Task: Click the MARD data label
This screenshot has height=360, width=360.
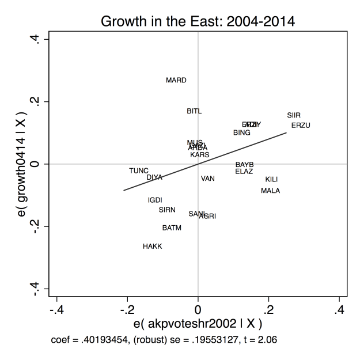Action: click(176, 81)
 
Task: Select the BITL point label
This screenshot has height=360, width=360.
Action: click(194, 111)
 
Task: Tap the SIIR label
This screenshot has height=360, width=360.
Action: click(294, 115)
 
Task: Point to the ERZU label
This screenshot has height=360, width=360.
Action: click(301, 126)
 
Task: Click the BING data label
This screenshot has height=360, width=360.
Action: click(242, 133)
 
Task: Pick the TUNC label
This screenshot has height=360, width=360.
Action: click(139, 171)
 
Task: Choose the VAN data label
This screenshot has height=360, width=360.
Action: click(208, 179)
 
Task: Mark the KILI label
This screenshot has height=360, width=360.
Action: click(272, 180)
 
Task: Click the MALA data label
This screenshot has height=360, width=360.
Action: click(270, 191)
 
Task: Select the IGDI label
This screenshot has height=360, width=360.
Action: click(155, 200)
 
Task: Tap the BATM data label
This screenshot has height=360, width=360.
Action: click(172, 228)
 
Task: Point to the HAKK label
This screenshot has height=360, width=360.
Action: click(153, 247)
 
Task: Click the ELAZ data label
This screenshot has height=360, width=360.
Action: click(244, 172)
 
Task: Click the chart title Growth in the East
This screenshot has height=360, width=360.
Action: click(197, 22)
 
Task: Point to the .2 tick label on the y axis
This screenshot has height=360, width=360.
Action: click(35, 102)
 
